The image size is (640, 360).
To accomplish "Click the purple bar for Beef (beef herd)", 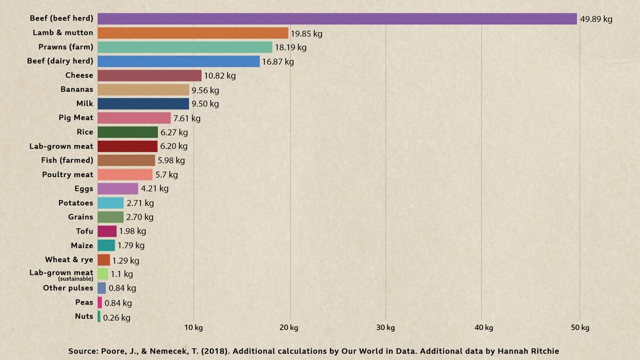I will point(337,18).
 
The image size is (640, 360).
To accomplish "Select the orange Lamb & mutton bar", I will point(193,33).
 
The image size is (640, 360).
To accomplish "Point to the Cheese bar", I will point(150,75).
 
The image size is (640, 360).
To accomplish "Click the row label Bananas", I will point(77,89).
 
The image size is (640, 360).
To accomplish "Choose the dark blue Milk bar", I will point(143,104).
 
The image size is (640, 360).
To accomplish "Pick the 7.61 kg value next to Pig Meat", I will point(187,119).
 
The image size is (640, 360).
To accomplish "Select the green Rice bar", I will point(128,132).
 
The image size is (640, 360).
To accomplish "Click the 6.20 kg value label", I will point(174,146).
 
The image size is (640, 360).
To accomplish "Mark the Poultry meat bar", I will point(125,174).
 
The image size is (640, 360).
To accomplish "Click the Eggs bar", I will point(118,189).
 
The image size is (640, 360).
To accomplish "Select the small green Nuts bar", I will point(99,317).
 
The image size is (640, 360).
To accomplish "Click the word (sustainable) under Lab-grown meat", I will point(75,279).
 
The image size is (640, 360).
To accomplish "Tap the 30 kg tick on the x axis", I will point(386,328).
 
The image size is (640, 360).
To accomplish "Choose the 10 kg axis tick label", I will point(193,328).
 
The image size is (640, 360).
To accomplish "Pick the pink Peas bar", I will point(100,302).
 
